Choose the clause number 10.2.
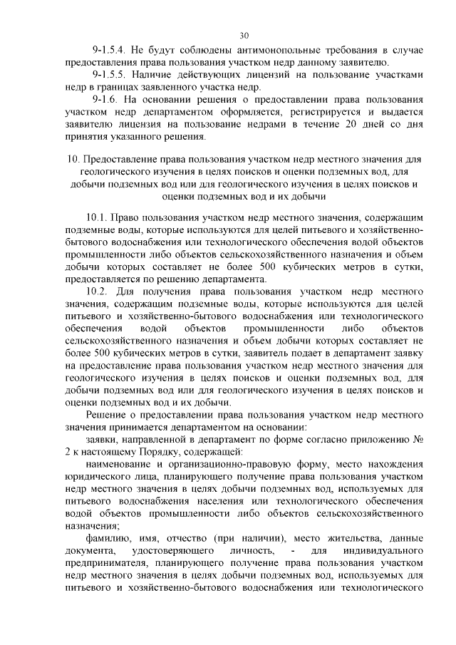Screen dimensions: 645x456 pyautogui.click(x=96, y=291)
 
